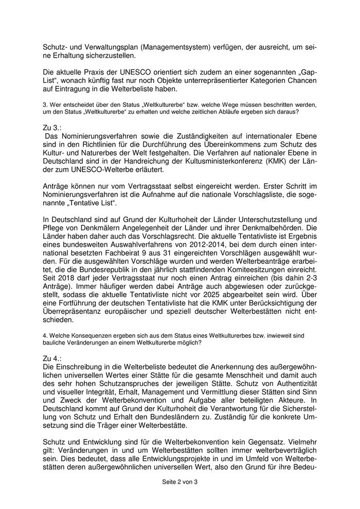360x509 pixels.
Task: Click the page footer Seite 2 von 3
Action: click(179, 482)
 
